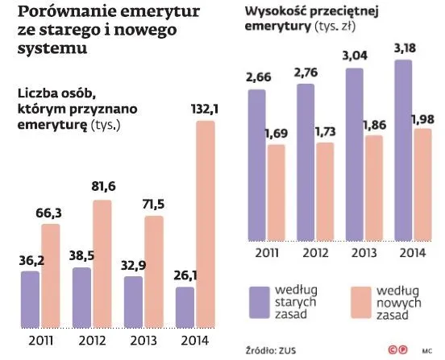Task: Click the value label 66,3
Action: tap(51, 213)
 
